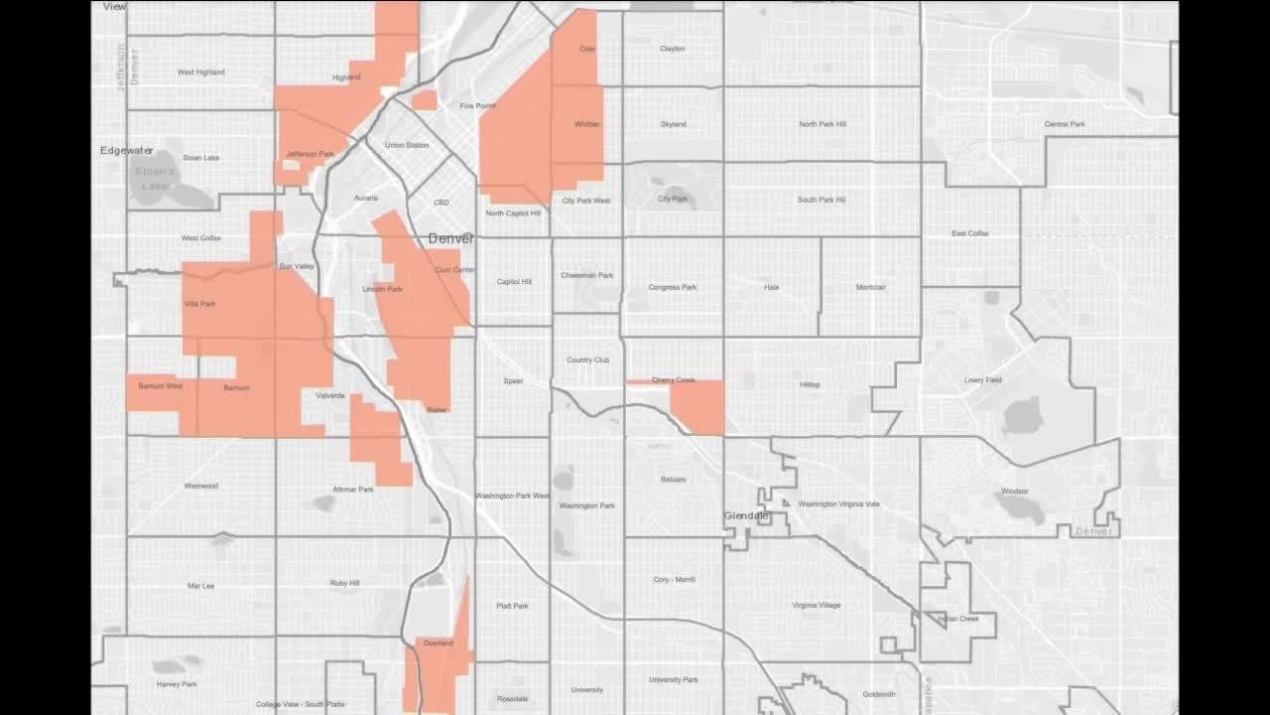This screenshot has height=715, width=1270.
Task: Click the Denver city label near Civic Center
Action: click(450, 238)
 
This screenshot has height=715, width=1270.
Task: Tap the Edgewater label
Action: click(126, 151)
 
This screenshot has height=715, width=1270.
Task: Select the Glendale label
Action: click(746, 516)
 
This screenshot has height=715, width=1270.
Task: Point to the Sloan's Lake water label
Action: click(155, 179)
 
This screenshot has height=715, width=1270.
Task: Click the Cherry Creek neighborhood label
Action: click(674, 380)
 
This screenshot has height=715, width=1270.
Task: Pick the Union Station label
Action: click(407, 146)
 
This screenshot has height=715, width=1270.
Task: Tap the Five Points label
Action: click(477, 106)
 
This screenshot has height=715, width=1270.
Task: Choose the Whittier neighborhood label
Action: click(587, 125)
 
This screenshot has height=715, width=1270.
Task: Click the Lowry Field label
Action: click(982, 380)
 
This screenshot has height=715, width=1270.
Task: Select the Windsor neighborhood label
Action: click(1014, 492)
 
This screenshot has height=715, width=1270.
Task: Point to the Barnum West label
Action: click(160, 386)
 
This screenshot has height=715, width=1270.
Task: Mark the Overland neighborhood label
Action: click(438, 643)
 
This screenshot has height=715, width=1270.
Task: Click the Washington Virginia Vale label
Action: click(838, 504)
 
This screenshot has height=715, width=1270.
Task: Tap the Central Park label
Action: click(1065, 124)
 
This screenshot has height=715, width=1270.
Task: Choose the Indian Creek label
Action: click(958, 620)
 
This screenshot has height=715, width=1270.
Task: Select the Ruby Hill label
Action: click(345, 584)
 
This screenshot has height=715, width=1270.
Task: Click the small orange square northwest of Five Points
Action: click(425, 100)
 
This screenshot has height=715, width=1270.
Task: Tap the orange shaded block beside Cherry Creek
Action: click(698, 407)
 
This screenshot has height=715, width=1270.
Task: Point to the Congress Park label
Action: click(673, 288)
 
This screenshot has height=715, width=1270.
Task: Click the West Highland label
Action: click(200, 72)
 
